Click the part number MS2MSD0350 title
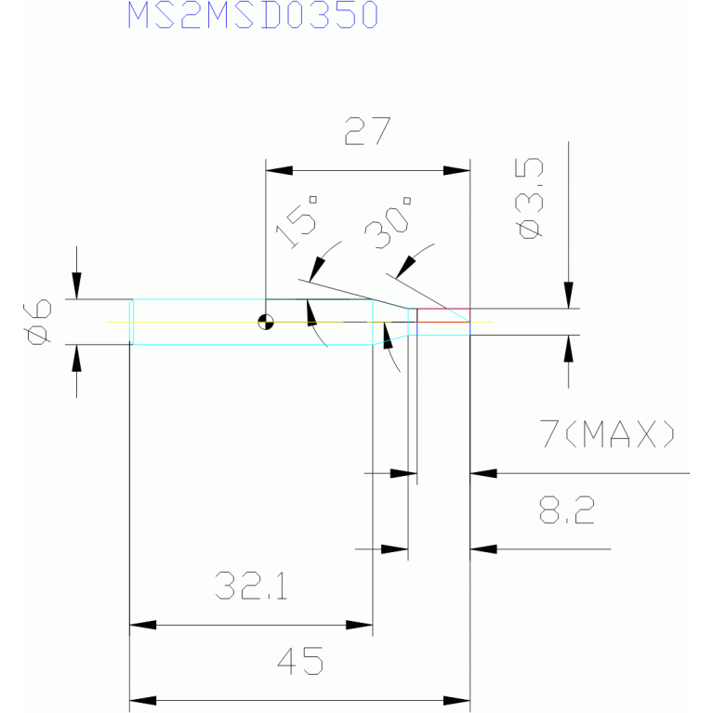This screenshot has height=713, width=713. pyautogui.click(x=253, y=15)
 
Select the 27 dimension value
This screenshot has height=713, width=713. pyautogui.click(x=367, y=131)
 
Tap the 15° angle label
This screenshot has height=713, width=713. pyautogui.click(x=297, y=222)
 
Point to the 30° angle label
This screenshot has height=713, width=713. pyautogui.click(x=388, y=224)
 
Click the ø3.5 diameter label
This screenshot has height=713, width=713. pyautogui.click(x=530, y=198)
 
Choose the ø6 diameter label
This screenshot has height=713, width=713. pyautogui.click(x=37, y=322)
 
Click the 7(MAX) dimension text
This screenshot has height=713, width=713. pyautogui.click(x=607, y=434)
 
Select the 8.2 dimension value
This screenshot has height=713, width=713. pyautogui.click(x=566, y=509)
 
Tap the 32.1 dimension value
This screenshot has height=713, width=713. pyautogui.click(x=251, y=586)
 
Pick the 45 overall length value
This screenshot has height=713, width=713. pyautogui.click(x=300, y=661)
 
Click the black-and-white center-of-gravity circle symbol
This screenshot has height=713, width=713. pyautogui.click(x=266, y=322)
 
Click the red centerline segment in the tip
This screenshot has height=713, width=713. pyautogui.click(x=443, y=322)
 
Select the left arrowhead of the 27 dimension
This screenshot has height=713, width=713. pyautogui.click(x=279, y=170)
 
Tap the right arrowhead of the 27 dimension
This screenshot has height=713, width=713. pyautogui.click(x=456, y=170)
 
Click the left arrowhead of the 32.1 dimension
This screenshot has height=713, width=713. pyautogui.click(x=143, y=625)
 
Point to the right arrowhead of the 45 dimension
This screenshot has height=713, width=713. pyautogui.click(x=456, y=701)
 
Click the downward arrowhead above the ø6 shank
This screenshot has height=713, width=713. pyautogui.click(x=76, y=285)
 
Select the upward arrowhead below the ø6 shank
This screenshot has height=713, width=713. pyautogui.click(x=76, y=358)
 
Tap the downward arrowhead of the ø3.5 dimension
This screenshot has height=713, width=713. pyautogui.click(x=568, y=295)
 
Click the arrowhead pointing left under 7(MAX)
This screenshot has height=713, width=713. pyautogui.click(x=483, y=473)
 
